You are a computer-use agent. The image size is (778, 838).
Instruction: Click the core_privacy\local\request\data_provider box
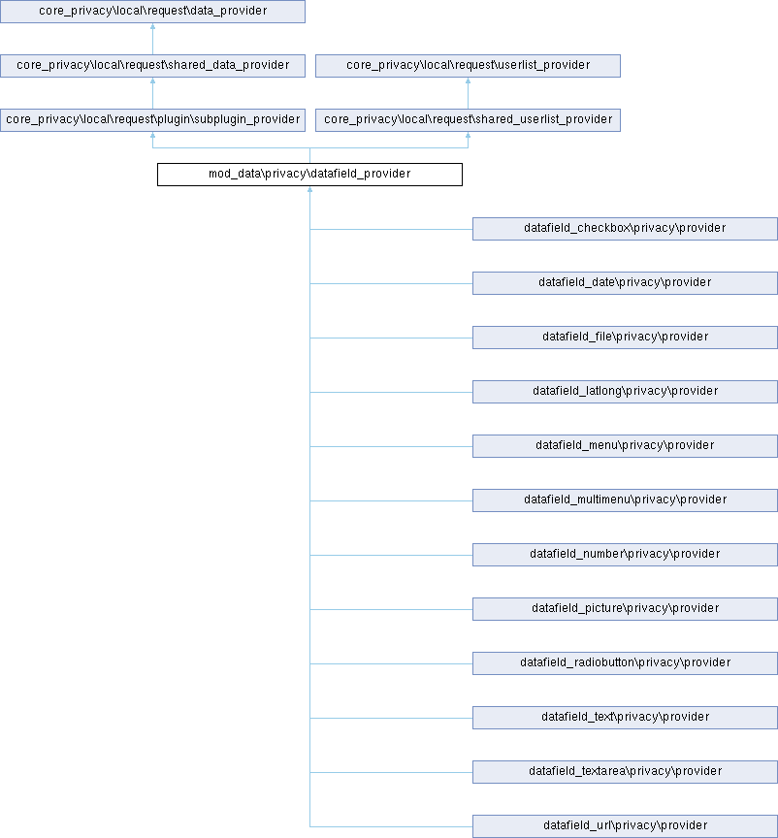(x=152, y=12)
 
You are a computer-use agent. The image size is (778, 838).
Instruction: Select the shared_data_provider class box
(x=152, y=66)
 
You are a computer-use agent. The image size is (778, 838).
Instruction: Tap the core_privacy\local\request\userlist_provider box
(x=468, y=66)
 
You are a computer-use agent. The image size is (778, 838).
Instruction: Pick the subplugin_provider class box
(x=152, y=119)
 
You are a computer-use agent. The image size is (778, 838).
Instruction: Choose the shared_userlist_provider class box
(x=468, y=119)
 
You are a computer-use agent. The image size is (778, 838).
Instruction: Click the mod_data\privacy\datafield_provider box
(x=309, y=175)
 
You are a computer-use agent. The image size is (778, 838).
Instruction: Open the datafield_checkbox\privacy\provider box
(x=625, y=229)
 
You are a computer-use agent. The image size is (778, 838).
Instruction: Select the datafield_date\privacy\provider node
(x=625, y=282)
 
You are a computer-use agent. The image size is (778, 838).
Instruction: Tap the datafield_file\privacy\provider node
(x=625, y=338)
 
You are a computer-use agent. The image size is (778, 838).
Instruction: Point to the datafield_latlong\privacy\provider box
(x=625, y=392)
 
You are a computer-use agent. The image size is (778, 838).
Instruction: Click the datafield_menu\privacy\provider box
(x=625, y=446)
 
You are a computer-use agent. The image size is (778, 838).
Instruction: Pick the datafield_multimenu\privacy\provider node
(x=625, y=500)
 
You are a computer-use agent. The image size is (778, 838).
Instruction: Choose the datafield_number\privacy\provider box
(x=625, y=555)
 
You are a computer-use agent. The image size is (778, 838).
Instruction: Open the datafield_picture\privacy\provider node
(x=625, y=609)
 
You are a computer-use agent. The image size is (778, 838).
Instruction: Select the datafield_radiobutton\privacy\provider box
(x=625, y=663)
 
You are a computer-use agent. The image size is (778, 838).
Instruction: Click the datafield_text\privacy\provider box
(x=625, y=718)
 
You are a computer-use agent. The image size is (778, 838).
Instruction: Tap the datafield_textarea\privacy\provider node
(x=625, y=772)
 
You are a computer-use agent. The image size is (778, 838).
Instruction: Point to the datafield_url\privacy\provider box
(x=625, y=826)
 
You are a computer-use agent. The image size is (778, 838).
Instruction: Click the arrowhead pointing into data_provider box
(x=152, y=26)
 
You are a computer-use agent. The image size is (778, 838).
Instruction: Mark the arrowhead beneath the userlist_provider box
(x=468, y=81)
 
